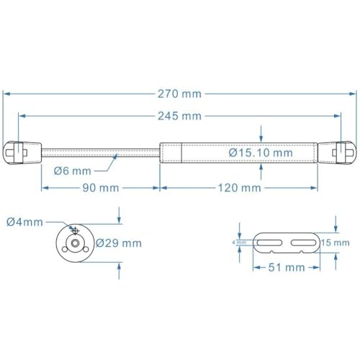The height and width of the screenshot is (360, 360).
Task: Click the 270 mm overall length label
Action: [180, 94]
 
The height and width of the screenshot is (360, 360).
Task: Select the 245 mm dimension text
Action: [180, 116]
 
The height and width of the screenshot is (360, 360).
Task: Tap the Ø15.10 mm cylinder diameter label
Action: [261, 153]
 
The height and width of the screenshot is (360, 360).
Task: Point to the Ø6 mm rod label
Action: [72, 171]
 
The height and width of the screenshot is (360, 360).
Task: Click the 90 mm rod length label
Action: [99, 188]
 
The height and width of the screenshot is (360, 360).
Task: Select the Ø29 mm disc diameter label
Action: [118, 243]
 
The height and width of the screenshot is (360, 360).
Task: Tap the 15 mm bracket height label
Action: [337, 243]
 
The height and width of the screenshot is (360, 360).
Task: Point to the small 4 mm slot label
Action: [240, 243]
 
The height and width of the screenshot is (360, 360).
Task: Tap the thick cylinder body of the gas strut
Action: [238, 153]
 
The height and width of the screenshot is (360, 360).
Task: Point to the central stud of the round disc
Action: [74, 243]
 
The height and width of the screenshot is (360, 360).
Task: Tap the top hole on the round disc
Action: [73, 230]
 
